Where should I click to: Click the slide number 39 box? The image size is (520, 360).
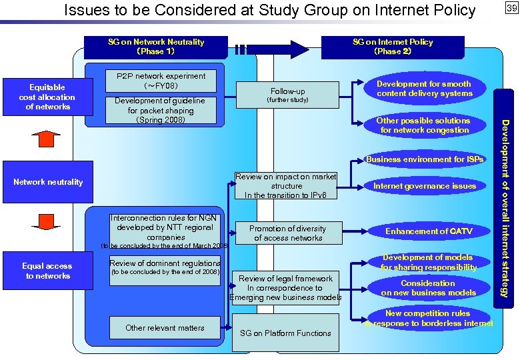pos(511,8)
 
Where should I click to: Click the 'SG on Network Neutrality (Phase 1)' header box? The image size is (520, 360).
pos(156,47)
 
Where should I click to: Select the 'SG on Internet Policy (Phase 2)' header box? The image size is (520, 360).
pos(393,47)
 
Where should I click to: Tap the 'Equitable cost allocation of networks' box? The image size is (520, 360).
pos(47,97)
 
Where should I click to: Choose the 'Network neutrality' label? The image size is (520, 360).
pos(48,182)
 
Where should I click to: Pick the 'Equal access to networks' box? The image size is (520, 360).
pos(48,271)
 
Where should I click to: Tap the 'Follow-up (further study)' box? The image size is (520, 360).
pos(288,95)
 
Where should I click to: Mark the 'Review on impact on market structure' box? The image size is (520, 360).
pos(287,186)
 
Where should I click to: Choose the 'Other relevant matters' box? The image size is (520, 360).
pos(165,327)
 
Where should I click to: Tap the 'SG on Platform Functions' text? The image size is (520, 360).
pos(285,333)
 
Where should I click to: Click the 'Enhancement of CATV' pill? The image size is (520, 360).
pos(428,231)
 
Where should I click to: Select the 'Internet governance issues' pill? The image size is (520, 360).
pos(425,186)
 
